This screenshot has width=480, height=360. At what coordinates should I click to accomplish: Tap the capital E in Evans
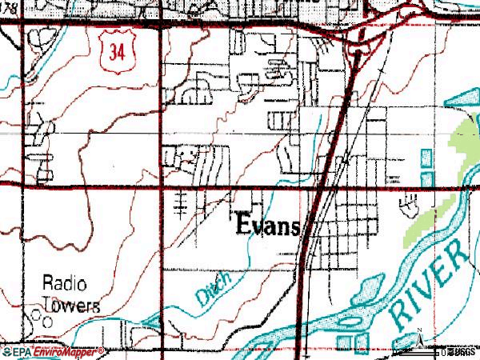coord(243,225)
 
